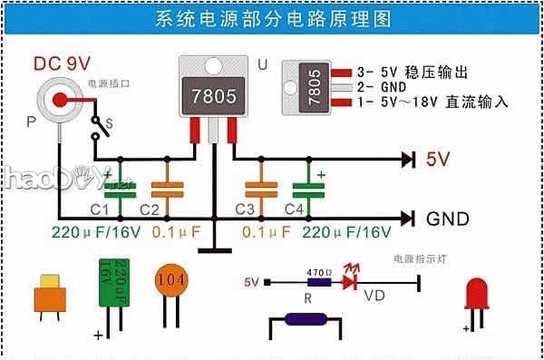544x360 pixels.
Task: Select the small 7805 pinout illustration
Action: coord(311,88)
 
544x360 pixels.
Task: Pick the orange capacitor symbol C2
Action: coord(167,188)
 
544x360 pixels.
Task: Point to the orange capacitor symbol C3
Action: coord(261,188)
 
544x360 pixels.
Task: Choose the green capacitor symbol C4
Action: coord(308,188)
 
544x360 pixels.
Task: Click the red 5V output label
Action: coord(439,160)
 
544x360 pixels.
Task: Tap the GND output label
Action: coord(447,219)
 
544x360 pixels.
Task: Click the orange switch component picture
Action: coord(50,295)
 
